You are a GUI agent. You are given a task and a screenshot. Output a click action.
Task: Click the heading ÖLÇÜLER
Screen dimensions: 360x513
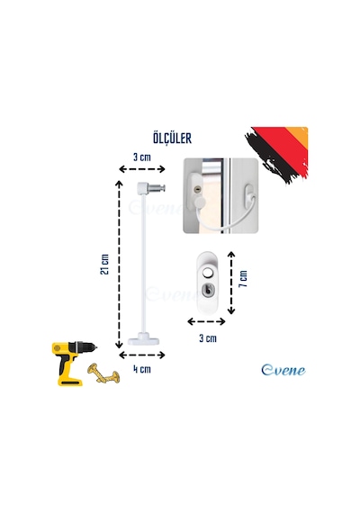[172, 139]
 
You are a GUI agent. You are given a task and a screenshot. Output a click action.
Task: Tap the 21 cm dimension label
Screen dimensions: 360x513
[104, 265]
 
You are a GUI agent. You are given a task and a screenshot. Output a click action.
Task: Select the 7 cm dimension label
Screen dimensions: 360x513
[243, 279]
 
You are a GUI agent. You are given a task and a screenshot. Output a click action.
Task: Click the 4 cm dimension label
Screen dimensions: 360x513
[142, 369]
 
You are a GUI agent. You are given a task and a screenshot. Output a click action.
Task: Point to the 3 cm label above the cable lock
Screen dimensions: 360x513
[142, 157]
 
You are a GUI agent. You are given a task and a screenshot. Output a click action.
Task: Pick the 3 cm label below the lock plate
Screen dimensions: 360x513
[208, 338]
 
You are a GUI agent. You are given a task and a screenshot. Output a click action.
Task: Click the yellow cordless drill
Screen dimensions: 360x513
[74, 364]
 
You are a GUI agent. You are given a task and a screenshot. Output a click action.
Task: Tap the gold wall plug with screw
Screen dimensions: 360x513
[103, 373]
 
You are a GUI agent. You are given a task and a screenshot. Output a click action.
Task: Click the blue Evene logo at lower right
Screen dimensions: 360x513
[283, 370]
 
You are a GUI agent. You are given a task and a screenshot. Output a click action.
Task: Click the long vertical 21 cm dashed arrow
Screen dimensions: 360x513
[119, 265]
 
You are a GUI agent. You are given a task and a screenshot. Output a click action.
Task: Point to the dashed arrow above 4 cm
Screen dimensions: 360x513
[142, 355]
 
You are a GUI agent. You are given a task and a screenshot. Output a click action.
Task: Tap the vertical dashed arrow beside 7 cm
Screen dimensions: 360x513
[231, 283]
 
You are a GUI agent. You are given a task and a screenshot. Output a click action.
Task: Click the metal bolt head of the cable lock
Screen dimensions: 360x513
[157, 188]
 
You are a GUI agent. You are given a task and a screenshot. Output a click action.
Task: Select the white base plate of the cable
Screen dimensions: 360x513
[144, 339]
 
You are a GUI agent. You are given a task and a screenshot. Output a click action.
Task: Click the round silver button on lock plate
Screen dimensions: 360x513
[208, 274]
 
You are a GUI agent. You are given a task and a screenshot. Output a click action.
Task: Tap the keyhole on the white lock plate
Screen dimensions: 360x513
[208, 290]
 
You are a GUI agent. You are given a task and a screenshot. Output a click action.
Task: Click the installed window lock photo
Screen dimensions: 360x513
[220, 195]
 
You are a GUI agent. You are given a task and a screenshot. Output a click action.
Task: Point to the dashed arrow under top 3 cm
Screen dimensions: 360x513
[142, 169]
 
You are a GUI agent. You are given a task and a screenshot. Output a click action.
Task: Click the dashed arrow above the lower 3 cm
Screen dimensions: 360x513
[206, 321]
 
